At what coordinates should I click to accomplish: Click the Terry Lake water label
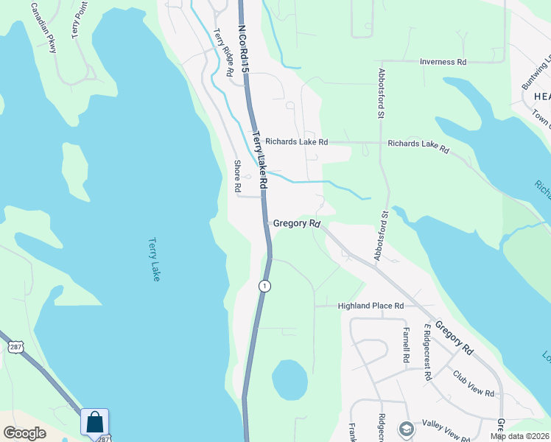click(x=154, y=259)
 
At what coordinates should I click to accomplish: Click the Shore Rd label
click(x=237, y=177)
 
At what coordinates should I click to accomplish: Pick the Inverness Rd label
click(x=443, y=62)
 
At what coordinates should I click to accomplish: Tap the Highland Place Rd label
click(x=371, y=306)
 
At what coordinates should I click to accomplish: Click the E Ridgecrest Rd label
click(x=427, y=351)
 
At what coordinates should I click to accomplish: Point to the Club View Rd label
click(x=473, y=383)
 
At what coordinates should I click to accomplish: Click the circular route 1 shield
click(x=264, y=285)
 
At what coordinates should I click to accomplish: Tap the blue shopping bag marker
click(x=95, y=423)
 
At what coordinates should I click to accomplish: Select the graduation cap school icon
click(x=406, y=429)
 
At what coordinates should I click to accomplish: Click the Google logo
click(x=24, y=433)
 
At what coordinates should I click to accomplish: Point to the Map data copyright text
click(x=519, y=436)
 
